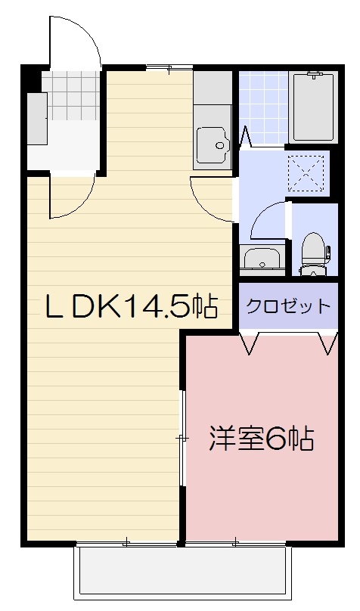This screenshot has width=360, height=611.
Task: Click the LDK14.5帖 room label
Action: coord(130,306)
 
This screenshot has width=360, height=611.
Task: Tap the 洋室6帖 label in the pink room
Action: coord(261,439)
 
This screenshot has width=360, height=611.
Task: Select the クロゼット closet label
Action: coord(288,306)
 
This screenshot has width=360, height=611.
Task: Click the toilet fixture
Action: coord(313,253)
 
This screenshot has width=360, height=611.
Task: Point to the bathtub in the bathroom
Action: coord(314,107)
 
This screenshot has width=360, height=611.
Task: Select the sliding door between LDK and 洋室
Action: coord(182,439)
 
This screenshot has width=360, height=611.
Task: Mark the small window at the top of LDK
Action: coord(159,69)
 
